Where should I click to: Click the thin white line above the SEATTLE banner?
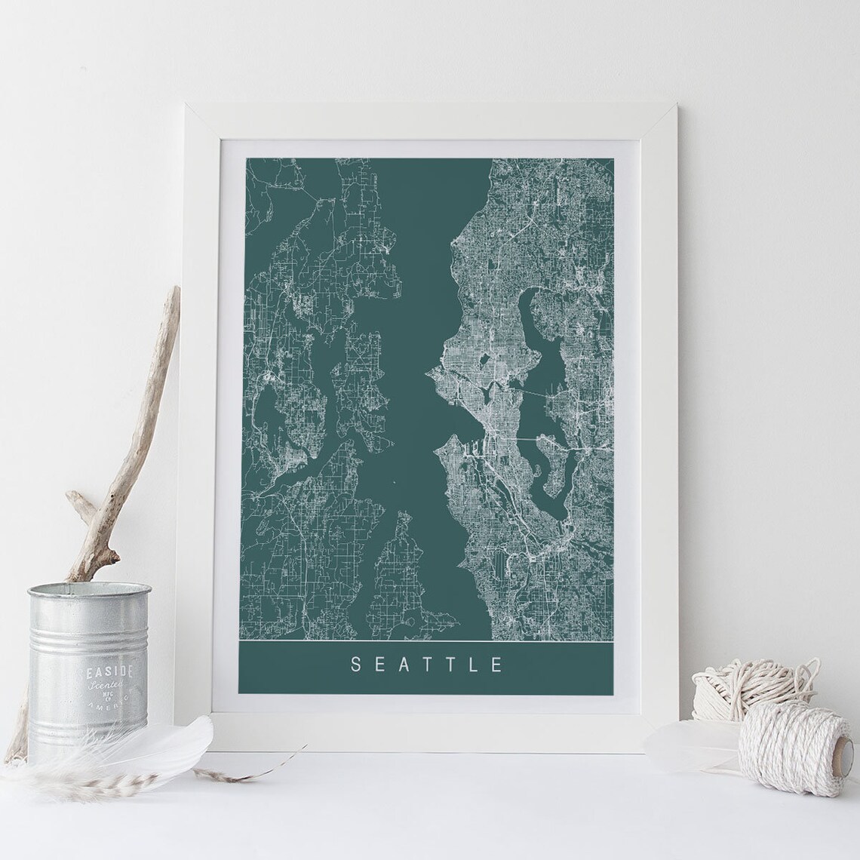point(425,640)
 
